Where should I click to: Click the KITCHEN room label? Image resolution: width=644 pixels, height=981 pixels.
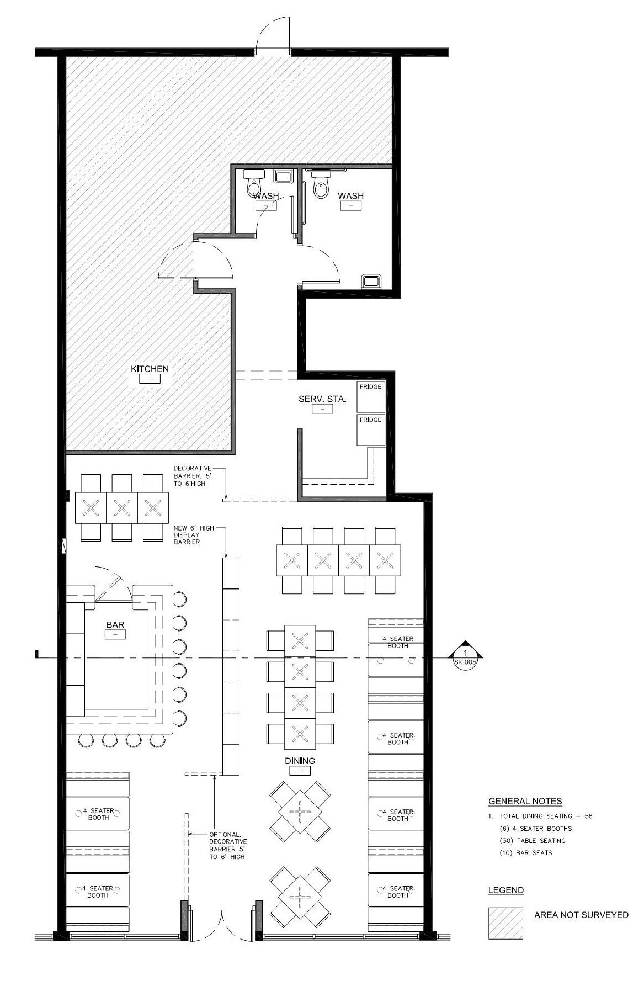150,369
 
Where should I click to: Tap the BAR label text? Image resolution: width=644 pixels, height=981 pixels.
115,625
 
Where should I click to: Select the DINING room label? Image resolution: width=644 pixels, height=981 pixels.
300,761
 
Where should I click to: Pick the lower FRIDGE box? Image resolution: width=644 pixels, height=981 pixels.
370,429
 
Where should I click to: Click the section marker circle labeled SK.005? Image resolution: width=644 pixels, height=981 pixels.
465,657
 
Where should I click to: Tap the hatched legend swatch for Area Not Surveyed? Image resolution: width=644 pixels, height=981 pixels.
505,923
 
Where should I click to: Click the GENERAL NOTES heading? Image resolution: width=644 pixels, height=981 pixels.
525,801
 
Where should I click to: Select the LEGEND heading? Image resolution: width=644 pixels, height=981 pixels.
506,890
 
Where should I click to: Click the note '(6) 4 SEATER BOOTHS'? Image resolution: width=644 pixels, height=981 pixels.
535,828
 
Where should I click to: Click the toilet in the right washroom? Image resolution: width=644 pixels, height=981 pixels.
321,183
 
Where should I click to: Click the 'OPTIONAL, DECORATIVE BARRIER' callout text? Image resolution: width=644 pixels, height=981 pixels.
228,845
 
